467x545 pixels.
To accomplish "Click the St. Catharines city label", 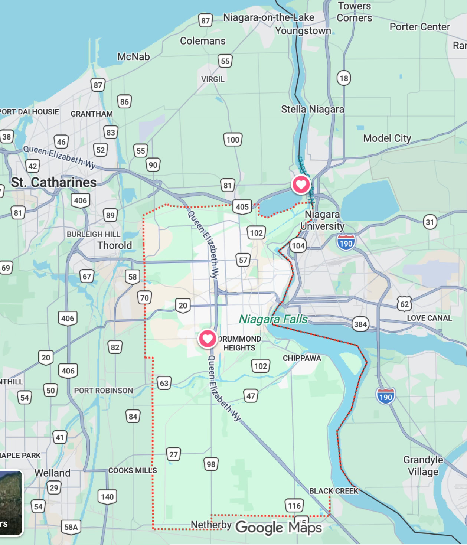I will (54, 182).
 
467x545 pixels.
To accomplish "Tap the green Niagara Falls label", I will (273, 319).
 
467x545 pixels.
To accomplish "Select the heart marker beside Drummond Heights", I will (207, 339).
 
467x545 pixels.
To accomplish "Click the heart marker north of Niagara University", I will (301, 184).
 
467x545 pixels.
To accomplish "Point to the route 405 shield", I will (242, 207).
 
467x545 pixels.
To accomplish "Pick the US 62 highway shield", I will (404, 304).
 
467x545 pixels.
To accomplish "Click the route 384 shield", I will (360, 324).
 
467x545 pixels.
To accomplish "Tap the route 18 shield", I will (344, 78).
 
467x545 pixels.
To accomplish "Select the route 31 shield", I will (430, 222).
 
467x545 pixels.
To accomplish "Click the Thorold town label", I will (114, 245).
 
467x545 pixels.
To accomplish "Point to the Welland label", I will (52, 473).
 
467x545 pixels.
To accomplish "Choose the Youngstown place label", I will (303, 30).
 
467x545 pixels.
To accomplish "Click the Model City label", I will (387, 138).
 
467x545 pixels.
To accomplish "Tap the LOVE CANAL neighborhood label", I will (429, 318).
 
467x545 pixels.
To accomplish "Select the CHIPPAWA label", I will (302, 358).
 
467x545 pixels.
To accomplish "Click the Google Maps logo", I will (278, 528).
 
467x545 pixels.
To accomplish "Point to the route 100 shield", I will (233, 140).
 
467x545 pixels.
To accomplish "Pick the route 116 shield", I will (294, 506).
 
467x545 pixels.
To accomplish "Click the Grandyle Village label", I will (423, 466).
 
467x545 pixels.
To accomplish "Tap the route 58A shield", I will (71, 527).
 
